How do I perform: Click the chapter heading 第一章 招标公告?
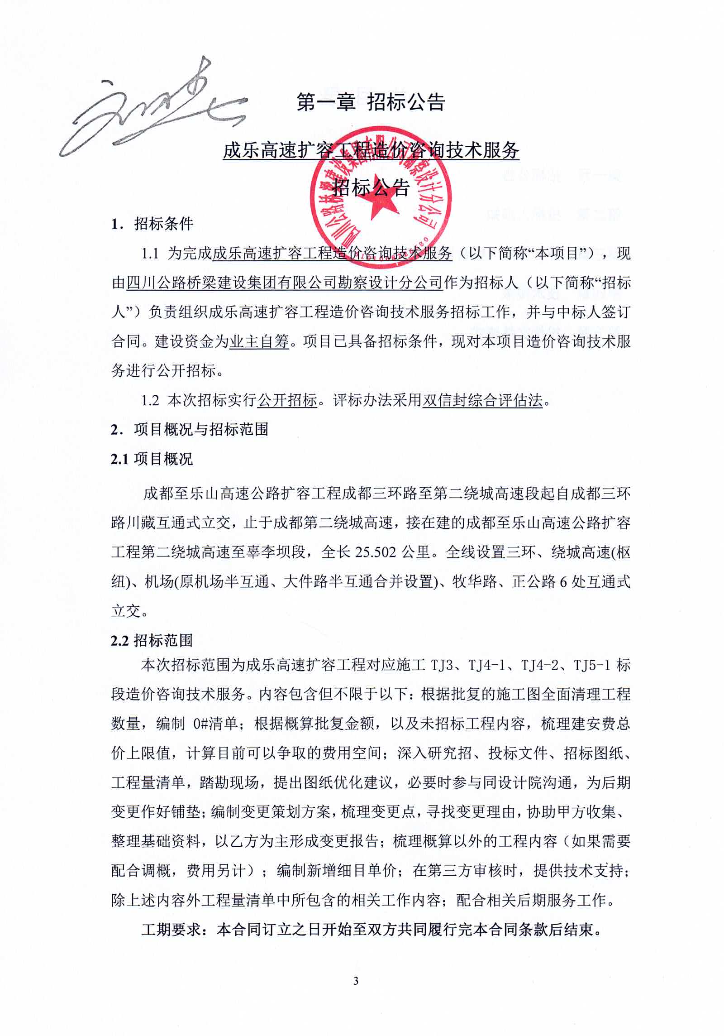click(371, 102)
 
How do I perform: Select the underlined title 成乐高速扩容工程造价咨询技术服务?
click(371, 150)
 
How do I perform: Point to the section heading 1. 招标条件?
click(152, 223)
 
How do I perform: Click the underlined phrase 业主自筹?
click(259, 341)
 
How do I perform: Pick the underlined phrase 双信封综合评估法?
click(482, 400)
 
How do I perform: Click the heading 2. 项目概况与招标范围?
click(190, 429)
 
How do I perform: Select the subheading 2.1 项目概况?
click(152, 459)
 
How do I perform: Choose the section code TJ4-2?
click(542, 666)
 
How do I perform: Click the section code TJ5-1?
click(593, 666)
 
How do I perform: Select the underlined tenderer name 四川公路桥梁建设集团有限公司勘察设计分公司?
click(284, 283)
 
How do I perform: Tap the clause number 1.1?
click(150, 253)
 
